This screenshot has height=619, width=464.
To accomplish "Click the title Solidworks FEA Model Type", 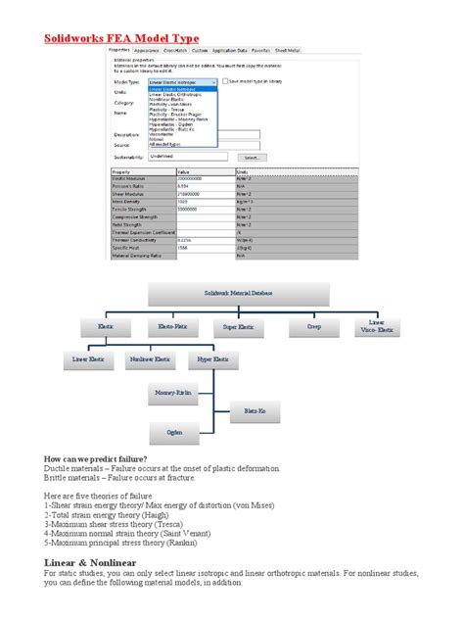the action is [127, 38].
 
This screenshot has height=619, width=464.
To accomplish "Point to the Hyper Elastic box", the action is [213, 359].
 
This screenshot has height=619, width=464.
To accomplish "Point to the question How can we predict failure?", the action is [97, 458].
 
